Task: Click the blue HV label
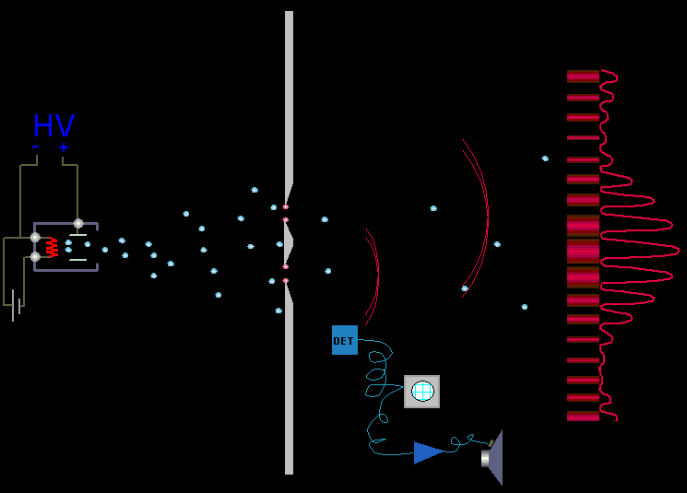click(53, 125)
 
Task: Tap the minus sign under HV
click(35, 147)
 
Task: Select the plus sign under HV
click(64, 147)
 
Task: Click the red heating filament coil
click(52, 247)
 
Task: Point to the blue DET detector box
click(345, 340)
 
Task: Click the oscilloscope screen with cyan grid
click(422, 391)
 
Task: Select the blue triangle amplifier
click(429, 452)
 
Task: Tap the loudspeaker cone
click(493, 458)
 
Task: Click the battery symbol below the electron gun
click(16, 305)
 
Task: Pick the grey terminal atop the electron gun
click(78, 223)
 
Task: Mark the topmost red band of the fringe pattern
click(583, 76)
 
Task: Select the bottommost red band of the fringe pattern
click(583, 416)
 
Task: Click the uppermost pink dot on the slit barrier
click(285, 206)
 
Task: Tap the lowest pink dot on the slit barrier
click(285, 281)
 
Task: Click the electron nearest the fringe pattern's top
click(545, 158)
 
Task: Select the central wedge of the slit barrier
click(289, 243)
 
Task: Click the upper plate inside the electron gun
click(78, 236)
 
